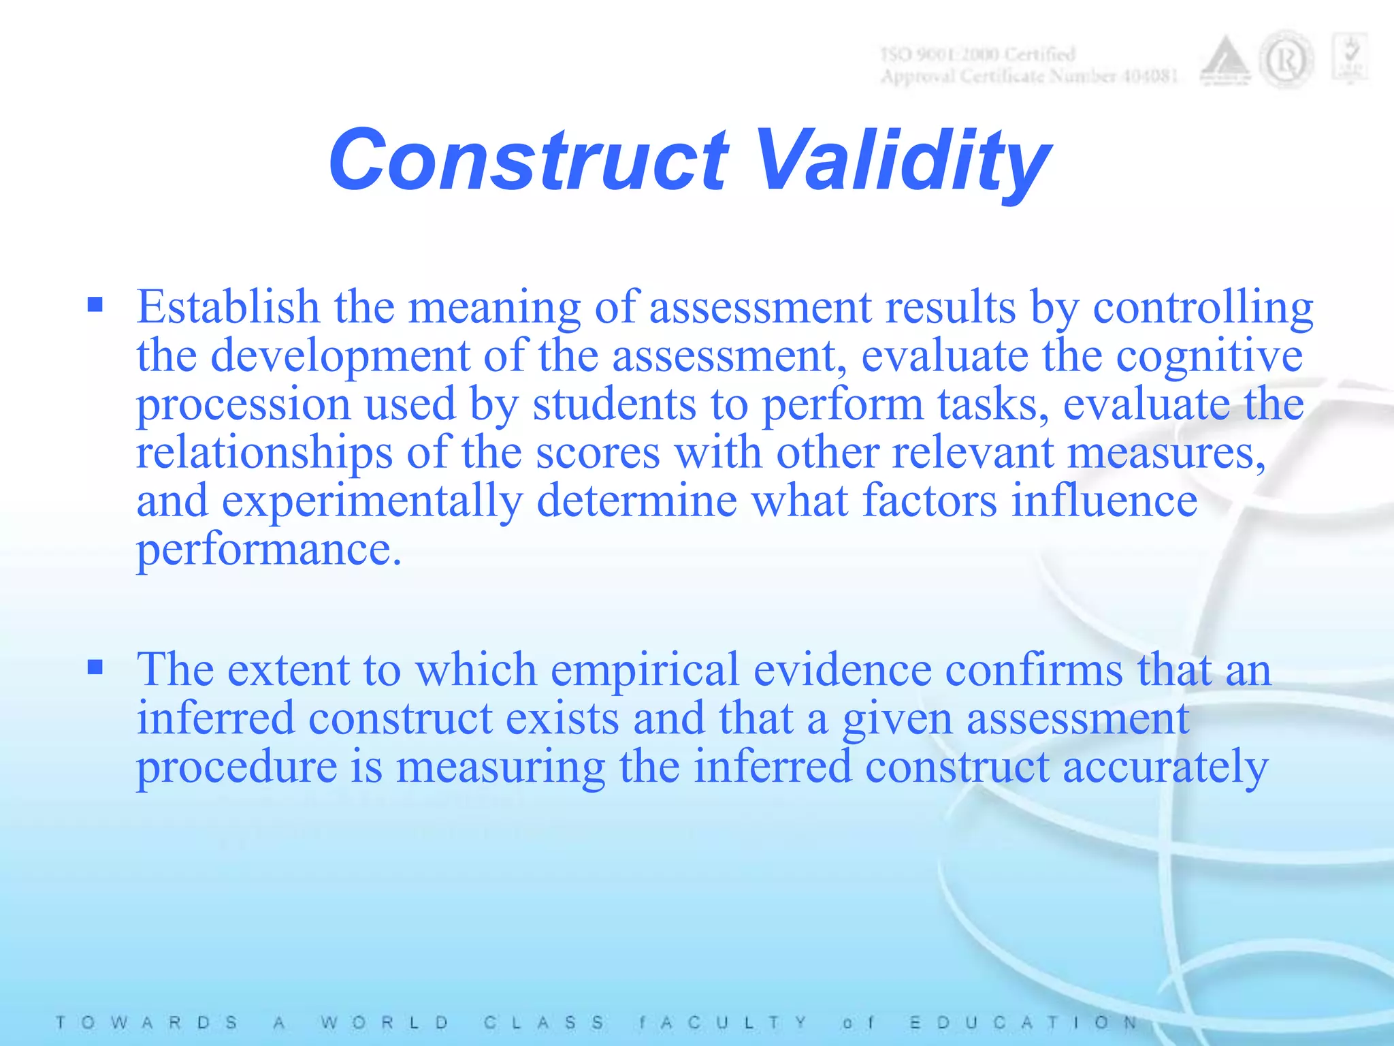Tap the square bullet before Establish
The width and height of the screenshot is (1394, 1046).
95,304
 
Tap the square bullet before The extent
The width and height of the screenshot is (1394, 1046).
95,666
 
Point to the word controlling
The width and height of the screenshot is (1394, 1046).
1203,308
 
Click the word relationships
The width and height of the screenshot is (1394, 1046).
264,454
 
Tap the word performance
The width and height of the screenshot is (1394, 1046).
268,550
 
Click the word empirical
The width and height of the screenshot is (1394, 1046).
645,670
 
